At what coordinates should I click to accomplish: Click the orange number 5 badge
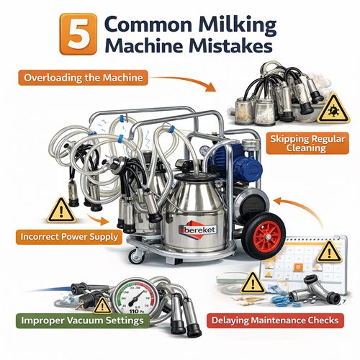(78, 35)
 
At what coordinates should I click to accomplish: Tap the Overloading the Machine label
(83, 78)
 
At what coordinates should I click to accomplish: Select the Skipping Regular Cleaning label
(307, 143)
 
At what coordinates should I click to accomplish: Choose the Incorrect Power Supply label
(69, 237)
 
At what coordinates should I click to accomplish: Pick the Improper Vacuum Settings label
(82, 320)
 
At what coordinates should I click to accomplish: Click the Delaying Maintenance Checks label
(275, 320)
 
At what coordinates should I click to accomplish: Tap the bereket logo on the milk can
(197, 229)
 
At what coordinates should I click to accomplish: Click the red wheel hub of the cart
(267, 237)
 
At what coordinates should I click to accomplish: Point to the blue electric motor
(236, 163)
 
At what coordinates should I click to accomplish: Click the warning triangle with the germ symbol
(333, 109)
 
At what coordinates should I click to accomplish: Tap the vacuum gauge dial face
(135, 296)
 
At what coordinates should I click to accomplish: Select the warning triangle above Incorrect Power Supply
(61, 210)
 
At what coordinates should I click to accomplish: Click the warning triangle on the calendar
(329, 253)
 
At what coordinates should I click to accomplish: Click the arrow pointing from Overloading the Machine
(183, 82)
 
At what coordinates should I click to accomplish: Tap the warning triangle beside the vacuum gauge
(102, 305)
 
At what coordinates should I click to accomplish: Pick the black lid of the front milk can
(194, 177)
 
